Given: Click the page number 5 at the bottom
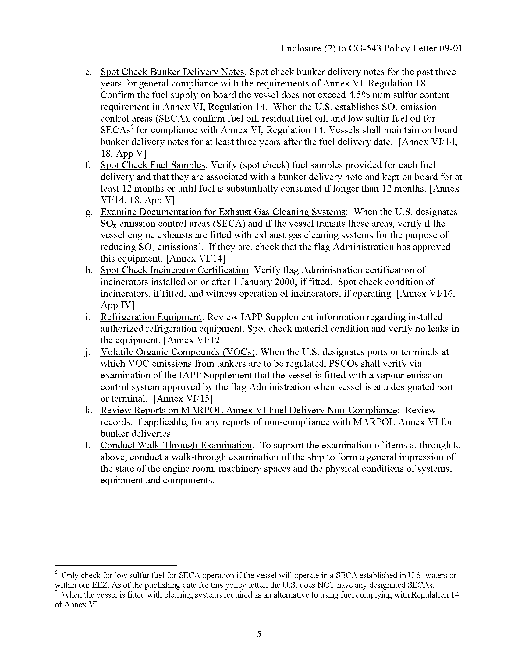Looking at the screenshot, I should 259,634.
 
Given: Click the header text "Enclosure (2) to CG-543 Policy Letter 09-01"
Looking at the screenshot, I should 371,48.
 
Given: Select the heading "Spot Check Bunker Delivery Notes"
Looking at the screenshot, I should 172,72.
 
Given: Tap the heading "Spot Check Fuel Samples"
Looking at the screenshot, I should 153,165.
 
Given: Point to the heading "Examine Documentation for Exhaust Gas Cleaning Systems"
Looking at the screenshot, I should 223,212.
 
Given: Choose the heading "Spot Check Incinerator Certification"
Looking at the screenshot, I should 174,270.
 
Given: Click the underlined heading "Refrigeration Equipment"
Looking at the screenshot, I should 151,317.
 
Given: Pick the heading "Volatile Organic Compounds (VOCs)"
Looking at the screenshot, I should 178,352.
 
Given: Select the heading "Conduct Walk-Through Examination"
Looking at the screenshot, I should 176,445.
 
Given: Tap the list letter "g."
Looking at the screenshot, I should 88,212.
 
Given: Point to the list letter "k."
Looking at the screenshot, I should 88,410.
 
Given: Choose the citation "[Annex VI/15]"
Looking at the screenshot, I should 183,399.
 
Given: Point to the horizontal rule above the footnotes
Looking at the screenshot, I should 115,565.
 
